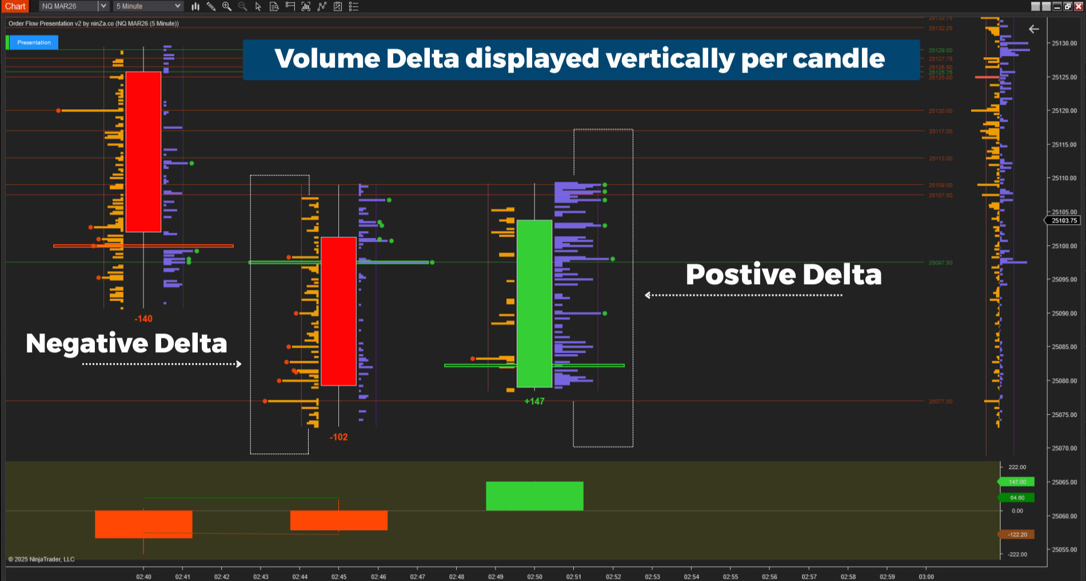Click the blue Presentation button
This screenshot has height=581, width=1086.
(34, 42)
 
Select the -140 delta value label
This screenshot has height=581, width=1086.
(143, 319)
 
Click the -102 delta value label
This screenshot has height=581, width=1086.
(338, 437)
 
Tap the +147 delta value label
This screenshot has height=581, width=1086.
(534, 401)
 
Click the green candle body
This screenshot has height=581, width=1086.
(534, 303)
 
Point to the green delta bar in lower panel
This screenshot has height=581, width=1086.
(534, 496)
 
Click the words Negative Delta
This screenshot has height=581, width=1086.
(126, 343)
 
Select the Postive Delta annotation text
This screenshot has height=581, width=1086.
(783, 274)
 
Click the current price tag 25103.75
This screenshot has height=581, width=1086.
(1064, 221)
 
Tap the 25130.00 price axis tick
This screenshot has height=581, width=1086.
(1064, 43)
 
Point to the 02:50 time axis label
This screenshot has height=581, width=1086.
(534, 576)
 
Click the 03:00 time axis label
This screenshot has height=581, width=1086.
(926, 576)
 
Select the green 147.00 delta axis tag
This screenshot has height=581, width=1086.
(1017, 482)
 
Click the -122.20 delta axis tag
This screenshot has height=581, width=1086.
(1017, 535)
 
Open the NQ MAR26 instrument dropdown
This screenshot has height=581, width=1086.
(103, 6)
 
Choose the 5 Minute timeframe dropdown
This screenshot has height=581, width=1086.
(149, 6)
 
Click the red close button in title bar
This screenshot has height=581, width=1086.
(1079, 6)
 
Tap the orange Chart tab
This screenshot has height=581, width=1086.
(15, 6)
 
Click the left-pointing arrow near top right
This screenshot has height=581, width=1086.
(1033, 29)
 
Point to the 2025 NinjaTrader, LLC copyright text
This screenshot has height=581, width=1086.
(42, 559)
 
